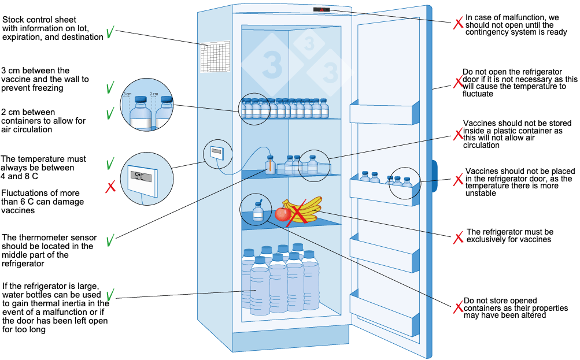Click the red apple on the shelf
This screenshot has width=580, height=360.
282,214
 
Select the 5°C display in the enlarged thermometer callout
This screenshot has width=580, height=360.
139,175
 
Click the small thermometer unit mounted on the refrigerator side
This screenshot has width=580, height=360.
217,153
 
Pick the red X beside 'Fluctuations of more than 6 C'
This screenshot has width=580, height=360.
110,187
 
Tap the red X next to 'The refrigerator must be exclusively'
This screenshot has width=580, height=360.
458,237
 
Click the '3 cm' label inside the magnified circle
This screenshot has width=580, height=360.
127,94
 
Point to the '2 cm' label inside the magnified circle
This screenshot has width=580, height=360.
154,94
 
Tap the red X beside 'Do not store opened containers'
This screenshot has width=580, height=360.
457,307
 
